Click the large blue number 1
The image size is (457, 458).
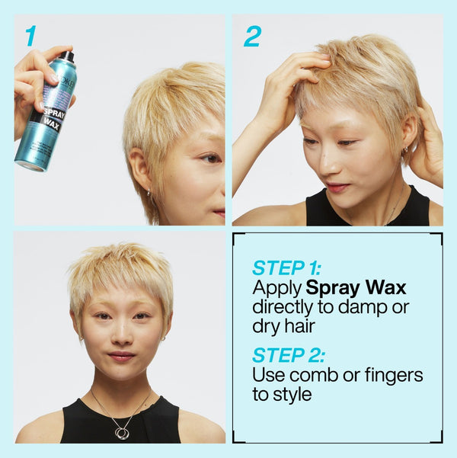[x=30, y=35]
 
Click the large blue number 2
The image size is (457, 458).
[x=252, y=35]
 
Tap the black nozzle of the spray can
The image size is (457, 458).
[x=68, y=56]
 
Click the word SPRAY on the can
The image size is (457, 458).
[x=54, y=113]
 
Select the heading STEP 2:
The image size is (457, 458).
[x=289, y=354]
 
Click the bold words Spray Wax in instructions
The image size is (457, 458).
[x=356, y=288]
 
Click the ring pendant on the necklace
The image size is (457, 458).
[x=122, y=433]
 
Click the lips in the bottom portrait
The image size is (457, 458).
[x=120, y=355]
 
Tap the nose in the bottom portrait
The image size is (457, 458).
[x=120, y=334]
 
